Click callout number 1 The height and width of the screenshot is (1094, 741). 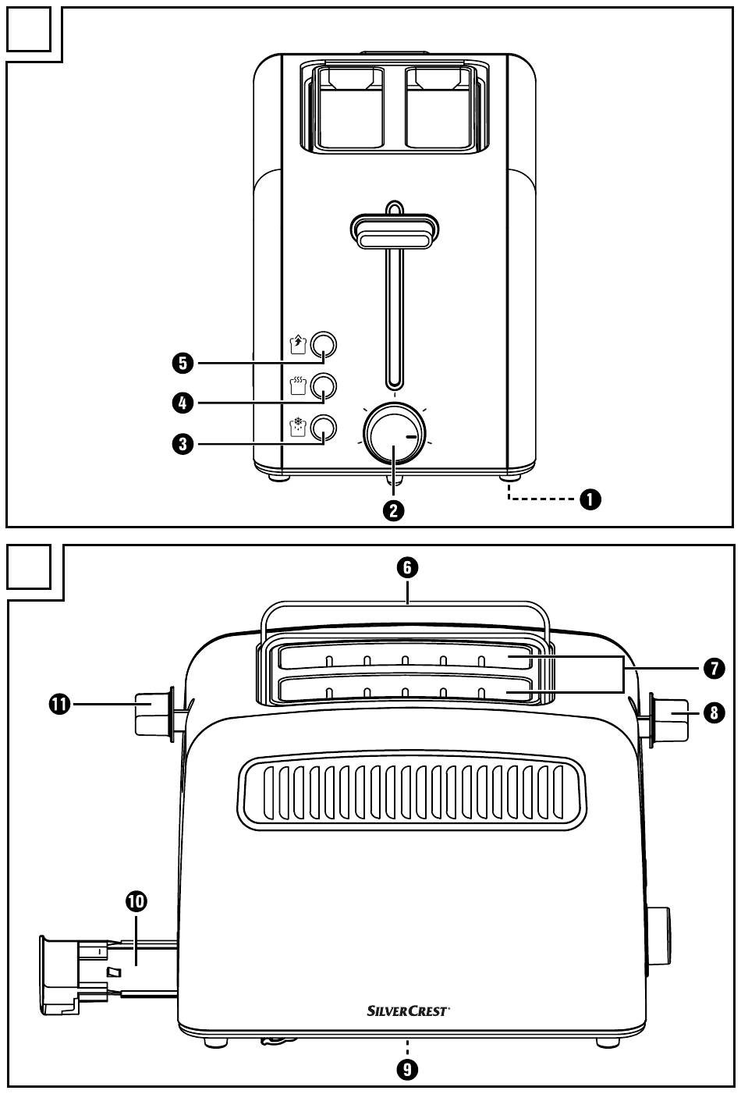[x=590, y=499]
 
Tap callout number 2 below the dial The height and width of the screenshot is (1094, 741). [x=393, y=511]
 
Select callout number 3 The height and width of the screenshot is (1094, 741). [x=183, y=444]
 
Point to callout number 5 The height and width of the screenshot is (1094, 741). [x=183, y=364]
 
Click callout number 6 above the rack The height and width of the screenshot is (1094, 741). [x=407, y=567]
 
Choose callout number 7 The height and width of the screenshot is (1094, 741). [x=714, y=668]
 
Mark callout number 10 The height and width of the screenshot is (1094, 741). [x=136, y=901]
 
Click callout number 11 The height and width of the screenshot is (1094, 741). [x=59, y=705]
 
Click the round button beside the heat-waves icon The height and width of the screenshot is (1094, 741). [x=323, y=386]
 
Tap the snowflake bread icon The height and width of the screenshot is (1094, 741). [x=298, y=427]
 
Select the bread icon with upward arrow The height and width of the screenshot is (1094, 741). [x=298, y=344]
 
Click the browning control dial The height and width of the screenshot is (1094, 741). [x=395, y=433]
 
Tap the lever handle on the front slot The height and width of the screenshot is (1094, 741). [x=395, y=231]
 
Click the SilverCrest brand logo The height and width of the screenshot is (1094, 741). [x=408, y=1011]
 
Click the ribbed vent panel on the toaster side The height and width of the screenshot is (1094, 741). [x=412, y=793]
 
